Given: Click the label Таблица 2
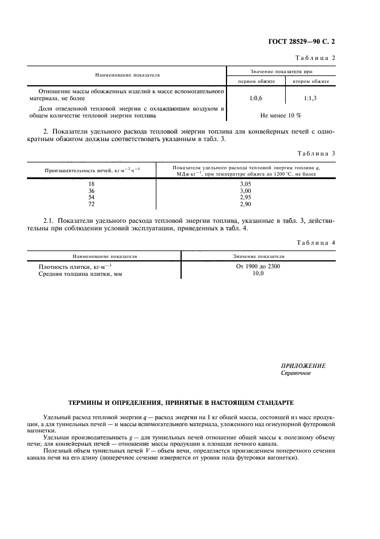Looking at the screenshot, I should (314, 58).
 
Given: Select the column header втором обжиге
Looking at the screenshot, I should (310, 81).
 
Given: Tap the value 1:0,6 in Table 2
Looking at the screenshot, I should (256, 98).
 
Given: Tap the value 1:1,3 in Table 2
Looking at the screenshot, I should (310, 98).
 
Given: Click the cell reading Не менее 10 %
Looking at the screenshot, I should (281, 115).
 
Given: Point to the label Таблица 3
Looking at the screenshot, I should (314, 153).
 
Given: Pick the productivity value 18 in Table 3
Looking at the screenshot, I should (90, 184).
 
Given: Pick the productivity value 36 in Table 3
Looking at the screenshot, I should (90, 191).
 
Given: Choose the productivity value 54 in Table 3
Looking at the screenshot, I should (90, 197).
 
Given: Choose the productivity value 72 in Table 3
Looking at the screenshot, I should (90, 204).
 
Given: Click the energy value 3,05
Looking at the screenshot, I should (245, 184).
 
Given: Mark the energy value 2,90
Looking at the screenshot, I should (245, 204).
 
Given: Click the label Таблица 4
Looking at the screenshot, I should (314, 243).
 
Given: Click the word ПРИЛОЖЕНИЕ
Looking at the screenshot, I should (303, 366).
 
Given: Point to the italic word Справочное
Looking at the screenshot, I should (295, 373).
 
